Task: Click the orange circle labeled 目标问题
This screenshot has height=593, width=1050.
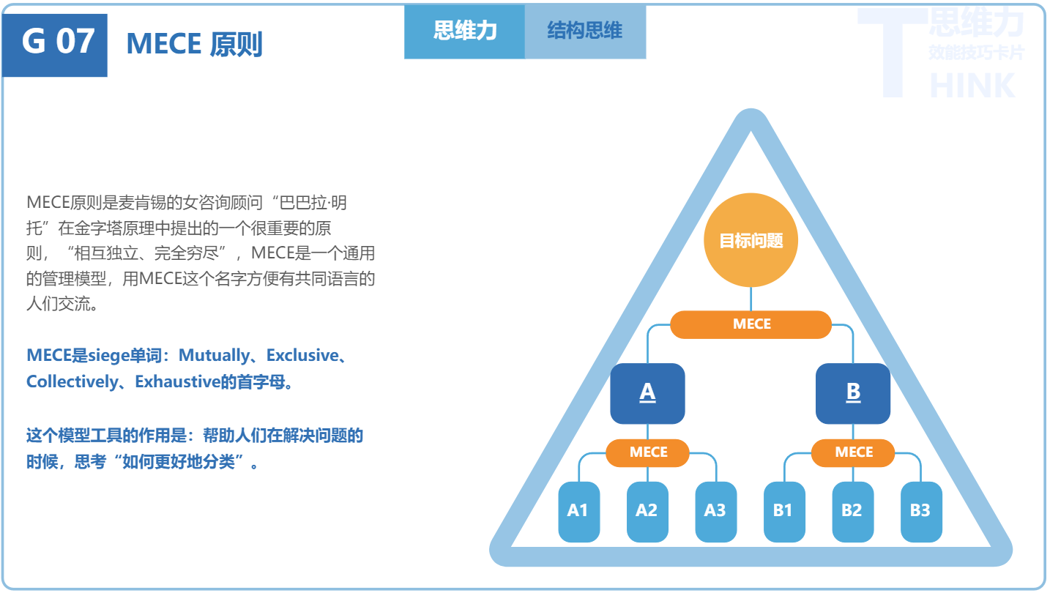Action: point(751,241)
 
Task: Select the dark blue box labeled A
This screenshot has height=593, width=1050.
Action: point(647,393)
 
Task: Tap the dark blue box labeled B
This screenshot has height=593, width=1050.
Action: point(853,393)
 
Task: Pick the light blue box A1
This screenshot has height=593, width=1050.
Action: point(578,511)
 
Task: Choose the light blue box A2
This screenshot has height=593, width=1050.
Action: point(647,511)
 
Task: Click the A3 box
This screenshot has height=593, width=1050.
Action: point(715,511)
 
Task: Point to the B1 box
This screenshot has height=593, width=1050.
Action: point(783,511)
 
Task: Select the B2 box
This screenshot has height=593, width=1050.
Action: point(852,511)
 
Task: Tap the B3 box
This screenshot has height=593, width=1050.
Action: point(920,511)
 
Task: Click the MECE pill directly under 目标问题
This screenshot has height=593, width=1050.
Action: point(751,324)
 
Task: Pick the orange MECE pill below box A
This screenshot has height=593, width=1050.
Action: point(648,452)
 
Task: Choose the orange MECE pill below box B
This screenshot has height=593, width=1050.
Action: point(853,452)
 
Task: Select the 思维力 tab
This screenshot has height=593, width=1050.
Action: point(465,31)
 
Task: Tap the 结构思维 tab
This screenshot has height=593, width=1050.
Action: point(585,31)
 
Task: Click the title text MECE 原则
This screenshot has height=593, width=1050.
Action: point(194,45)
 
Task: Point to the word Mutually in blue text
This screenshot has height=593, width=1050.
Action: point(214,356)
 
